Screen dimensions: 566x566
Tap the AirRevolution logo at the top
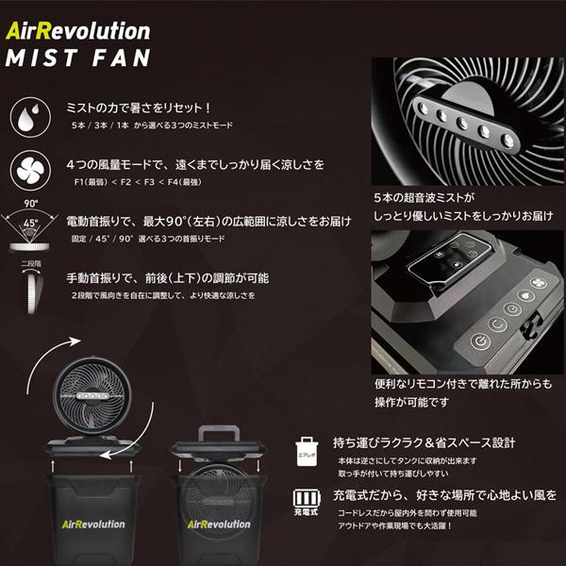(x=77, y=31)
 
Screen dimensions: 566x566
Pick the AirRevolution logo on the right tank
(x=219, y=524)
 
